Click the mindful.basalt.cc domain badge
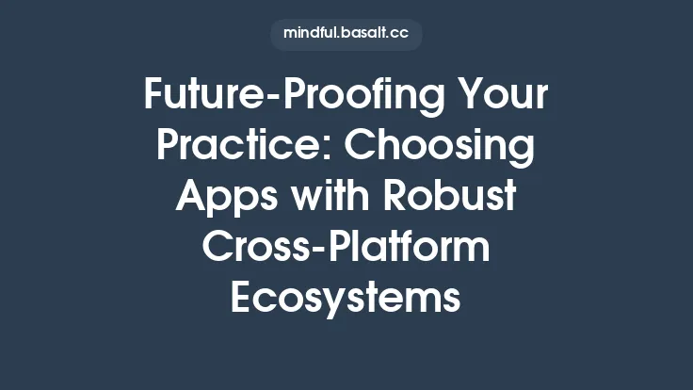tap(346, 35)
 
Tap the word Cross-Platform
tap(346, 248)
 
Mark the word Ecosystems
tap(346, 299)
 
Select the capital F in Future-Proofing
tap(153, 95)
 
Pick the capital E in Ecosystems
tap(242, 299)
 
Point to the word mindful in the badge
tap(313, 35)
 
